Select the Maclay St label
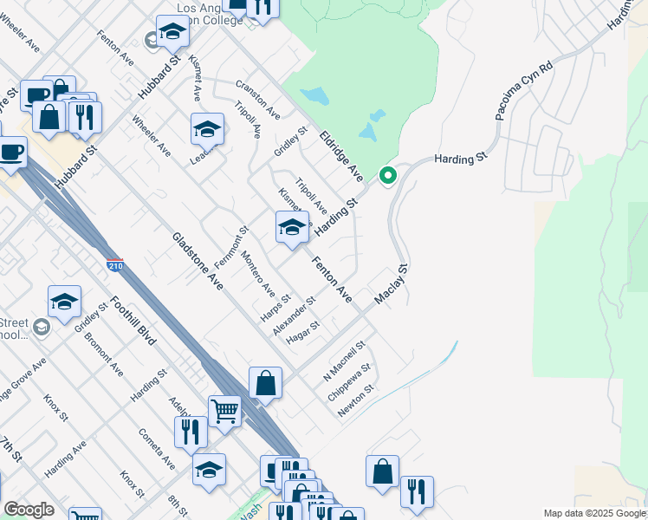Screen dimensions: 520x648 click(391, 285)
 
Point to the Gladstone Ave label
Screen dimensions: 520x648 click(198, 261)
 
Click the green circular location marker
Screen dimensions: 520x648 click(388, 176)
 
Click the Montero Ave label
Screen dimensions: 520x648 click(258, 273)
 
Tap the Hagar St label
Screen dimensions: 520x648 click(303, 332)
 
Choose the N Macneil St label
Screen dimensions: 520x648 click(345, 361)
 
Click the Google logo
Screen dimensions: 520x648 click(29, 510)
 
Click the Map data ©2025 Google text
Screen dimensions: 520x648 click(594, 513)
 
